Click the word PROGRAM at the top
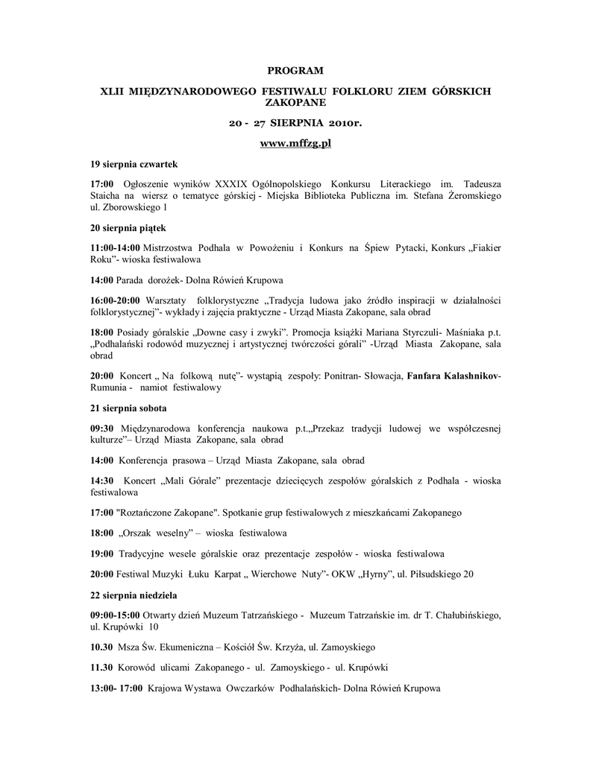pyautogui.click(x=295, y=71)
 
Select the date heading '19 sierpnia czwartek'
pyautogui.click(x=134, y=163)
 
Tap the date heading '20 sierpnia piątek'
pyautogui.click(x=128, y=227)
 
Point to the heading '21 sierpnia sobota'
pyautogui.click(x=128, y=408)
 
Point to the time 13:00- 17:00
pyautogui.click(x=116, y=688)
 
